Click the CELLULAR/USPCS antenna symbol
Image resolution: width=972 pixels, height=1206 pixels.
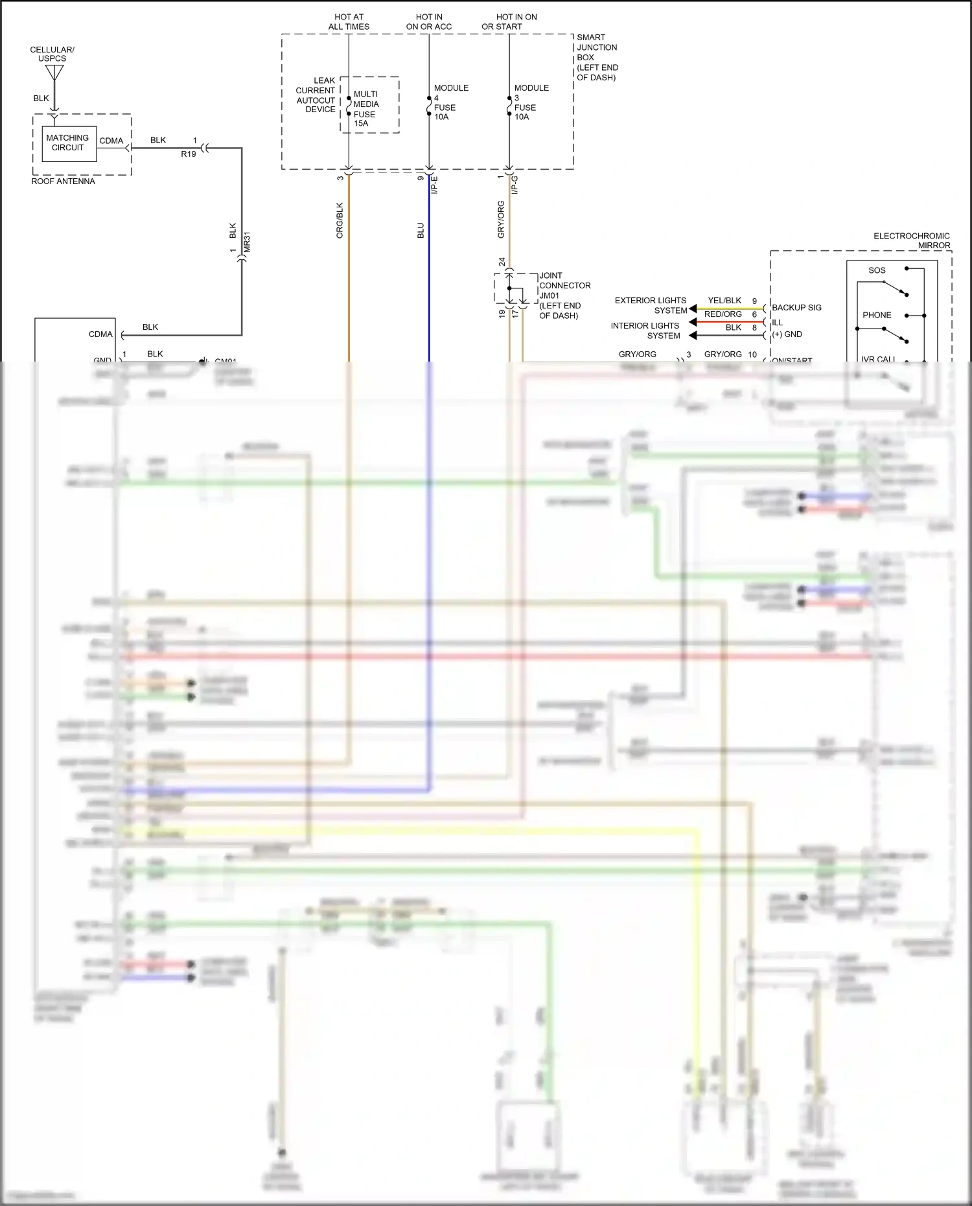54,73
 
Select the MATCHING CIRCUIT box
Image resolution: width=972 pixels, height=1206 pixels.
67,143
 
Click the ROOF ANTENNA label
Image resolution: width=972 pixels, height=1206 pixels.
63,181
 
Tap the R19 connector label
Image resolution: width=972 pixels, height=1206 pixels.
188,154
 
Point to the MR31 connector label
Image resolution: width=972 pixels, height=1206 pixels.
247,242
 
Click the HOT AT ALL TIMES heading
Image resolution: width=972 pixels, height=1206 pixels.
349,22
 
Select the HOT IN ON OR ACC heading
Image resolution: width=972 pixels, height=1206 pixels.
429,22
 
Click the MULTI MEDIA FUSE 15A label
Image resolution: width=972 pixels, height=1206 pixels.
366,108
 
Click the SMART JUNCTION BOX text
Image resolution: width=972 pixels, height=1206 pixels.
597,57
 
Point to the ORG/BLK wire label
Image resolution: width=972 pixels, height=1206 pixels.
340,220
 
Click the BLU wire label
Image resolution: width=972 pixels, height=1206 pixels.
421,230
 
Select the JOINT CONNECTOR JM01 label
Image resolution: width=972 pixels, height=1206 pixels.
564,296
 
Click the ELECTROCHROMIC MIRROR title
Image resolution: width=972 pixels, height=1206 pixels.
912,240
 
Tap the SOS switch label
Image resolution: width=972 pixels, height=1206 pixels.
876,270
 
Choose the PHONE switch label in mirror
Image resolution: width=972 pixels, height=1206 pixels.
876,315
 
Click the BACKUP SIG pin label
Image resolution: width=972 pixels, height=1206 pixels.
796,307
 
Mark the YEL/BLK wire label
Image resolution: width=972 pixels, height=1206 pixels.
724,301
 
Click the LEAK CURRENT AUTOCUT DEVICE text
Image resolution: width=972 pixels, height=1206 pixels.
316,95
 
